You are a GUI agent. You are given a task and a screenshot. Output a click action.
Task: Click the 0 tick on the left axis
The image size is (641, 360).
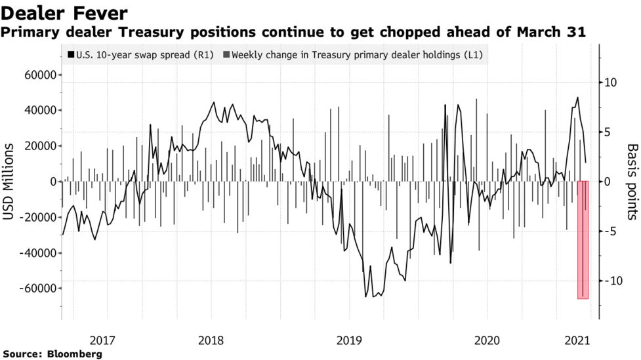pyautogui.click(x=50, y=182)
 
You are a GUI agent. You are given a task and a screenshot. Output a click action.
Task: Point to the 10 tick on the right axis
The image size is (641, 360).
pyautogui.click(x=610, y=83)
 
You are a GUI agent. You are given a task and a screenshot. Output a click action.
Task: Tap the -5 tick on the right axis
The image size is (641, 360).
pyautogui.click(x=610, y=231)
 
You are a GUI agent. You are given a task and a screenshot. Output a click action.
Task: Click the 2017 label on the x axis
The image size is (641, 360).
pyautogui.click(x=102, y=340)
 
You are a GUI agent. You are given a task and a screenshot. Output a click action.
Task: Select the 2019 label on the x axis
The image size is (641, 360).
pyautogui.click(x=360, y=340)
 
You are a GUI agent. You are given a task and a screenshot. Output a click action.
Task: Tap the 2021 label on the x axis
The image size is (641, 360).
pyautogui.click(x=578, y=340)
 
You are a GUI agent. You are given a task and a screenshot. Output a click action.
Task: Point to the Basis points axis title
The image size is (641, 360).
pyautogui.click(x=632, y=182)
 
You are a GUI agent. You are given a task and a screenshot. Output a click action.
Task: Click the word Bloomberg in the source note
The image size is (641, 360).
pyautogui.click(x=75, y=354)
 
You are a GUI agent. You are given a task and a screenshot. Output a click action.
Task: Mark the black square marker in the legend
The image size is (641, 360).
pyautogui.click(x=70, y=55)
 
